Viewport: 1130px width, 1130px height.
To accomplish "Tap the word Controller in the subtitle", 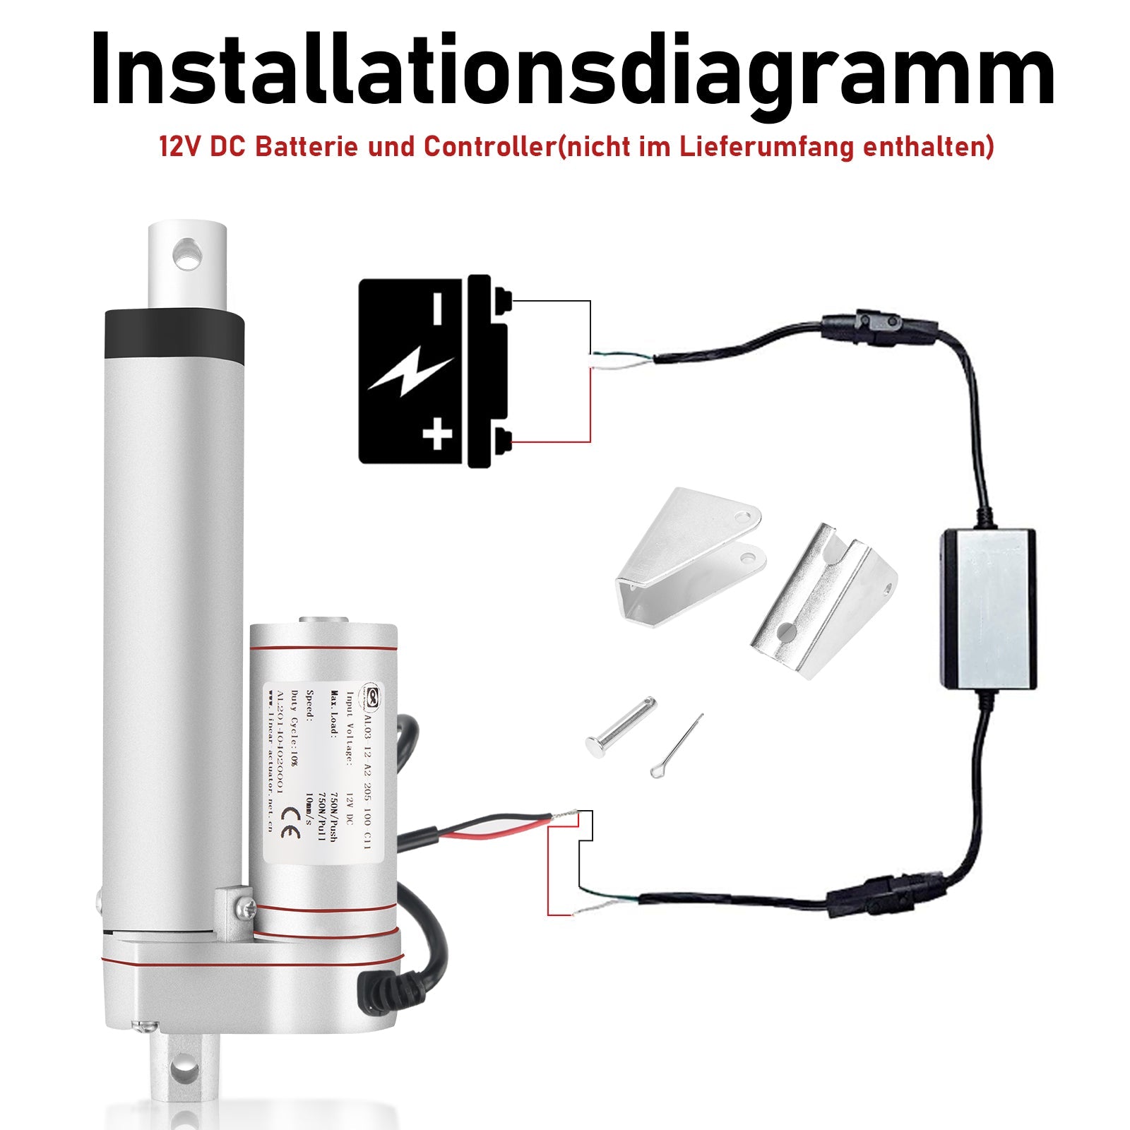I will coord(487,147).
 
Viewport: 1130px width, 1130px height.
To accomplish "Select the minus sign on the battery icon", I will coord(437,309).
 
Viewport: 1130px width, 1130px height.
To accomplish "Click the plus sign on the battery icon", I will coord(437,434).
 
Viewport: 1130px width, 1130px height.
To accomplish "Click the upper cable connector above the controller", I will coord(879,327).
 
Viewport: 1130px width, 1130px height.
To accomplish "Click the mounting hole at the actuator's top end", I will coord(188,254).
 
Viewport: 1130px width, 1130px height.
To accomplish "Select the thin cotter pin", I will coord(677,744).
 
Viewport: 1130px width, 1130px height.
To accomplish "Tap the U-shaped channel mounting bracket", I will coord(823,600).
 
